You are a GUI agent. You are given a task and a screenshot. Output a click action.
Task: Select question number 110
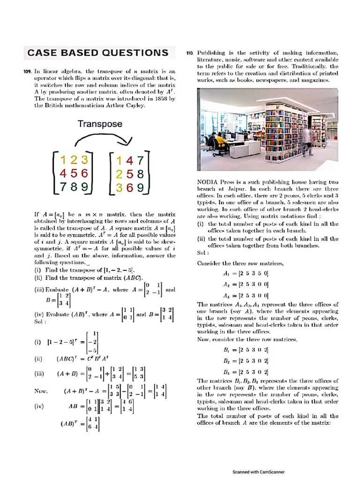point(190,53)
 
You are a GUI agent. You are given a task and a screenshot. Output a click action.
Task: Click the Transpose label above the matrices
point(100,124)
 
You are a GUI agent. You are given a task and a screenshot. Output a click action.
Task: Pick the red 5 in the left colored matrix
point(73,173)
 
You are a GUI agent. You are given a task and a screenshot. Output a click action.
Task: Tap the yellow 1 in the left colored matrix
point(63,159)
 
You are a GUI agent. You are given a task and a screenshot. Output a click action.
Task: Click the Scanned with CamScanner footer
point(258,472)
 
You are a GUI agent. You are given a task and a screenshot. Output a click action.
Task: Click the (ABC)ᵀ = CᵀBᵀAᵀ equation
point(84,360)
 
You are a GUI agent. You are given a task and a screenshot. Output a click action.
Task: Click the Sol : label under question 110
point(202,253)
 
